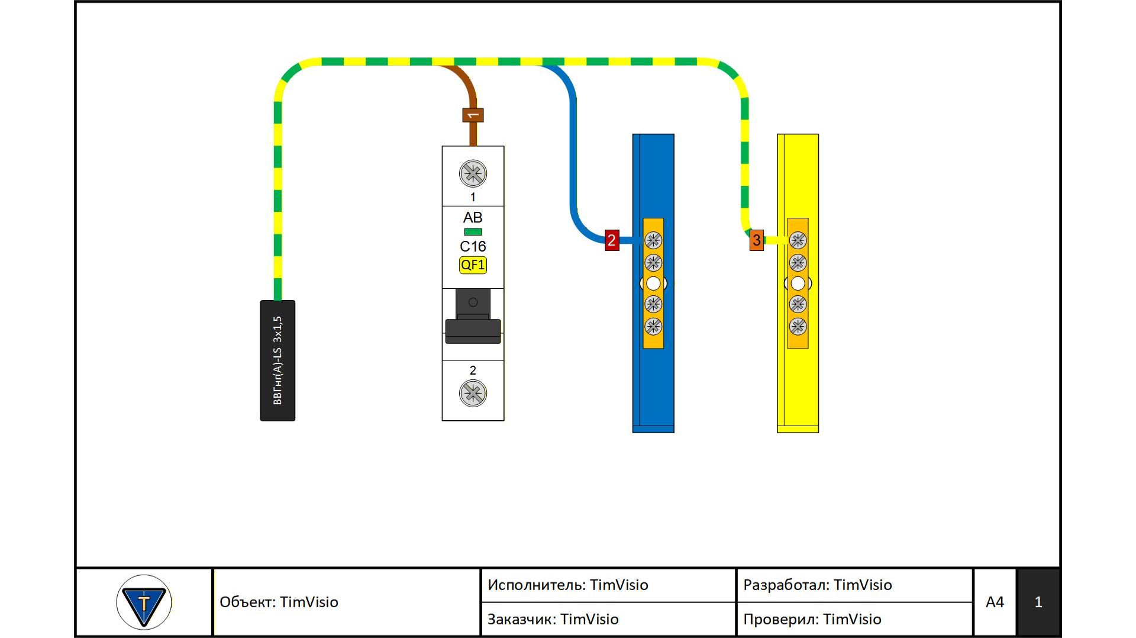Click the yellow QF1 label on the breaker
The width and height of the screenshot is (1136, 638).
point(473,265)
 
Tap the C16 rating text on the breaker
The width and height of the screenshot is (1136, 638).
point(473,246)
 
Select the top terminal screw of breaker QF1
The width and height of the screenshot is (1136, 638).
point(473,173)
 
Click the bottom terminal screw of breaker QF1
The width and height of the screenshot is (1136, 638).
point(473,393)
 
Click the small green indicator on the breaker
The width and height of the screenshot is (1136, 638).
point(473,232)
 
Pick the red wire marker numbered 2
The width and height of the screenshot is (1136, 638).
point(612,240)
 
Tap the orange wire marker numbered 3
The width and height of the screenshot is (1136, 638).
point(756,240)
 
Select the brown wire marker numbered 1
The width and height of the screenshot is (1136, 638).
point(473,115)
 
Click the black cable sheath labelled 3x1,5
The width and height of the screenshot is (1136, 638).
point(277,360)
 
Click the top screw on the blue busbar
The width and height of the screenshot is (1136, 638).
point(653,240)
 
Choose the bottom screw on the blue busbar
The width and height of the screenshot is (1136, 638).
point(653,326)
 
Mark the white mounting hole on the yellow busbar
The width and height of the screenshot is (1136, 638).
point(798,283)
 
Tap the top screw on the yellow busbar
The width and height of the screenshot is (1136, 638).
point(798,240)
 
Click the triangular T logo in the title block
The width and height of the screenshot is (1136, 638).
point(144,602)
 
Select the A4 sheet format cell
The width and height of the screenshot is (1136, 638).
point(995,602)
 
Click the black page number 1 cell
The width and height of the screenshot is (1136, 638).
point(1038,602)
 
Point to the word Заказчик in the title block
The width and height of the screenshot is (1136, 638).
point(521,620)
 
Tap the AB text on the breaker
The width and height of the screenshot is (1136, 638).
point(473,217)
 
